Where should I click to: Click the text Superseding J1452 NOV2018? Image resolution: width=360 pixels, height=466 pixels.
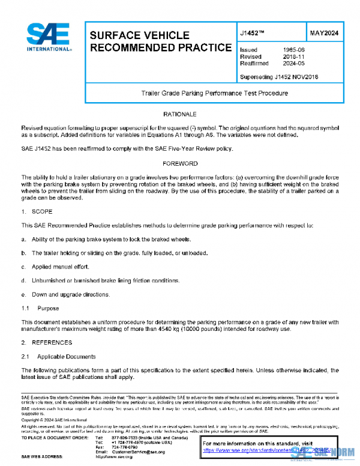[x=278, y=77]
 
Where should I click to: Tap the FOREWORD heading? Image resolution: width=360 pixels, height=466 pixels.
[x=180, y=163]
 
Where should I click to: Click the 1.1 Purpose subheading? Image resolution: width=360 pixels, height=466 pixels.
[x=40, y=308]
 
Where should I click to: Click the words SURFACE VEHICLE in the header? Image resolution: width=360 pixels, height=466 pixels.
[x=139, y=35]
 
